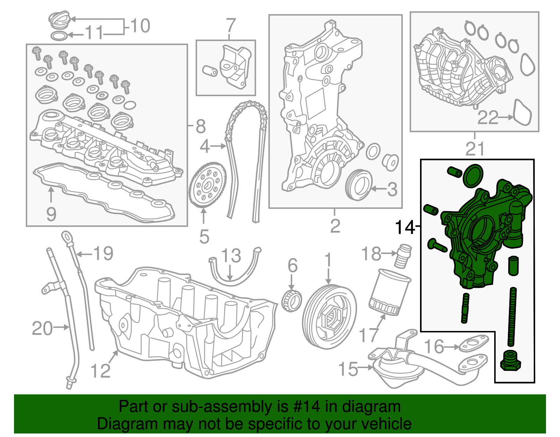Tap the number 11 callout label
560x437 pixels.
94,33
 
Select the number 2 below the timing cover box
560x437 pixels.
335,226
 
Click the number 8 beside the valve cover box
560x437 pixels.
200,126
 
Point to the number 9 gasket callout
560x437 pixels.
51,214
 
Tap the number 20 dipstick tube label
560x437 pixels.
42,329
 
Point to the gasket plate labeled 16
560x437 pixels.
473,343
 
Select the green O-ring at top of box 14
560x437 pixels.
473,175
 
